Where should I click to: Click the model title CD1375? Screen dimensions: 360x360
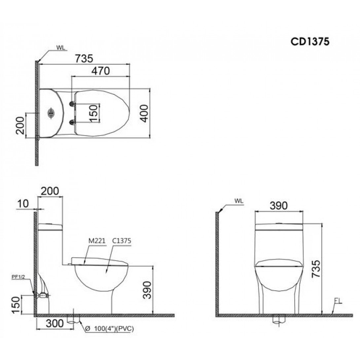click(x=309, y=42)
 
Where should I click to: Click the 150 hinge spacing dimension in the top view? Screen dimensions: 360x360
click(x=94, y=113)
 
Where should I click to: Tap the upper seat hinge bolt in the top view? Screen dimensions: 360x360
click(x=71, y=104)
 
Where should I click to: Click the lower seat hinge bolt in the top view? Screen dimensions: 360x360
click(x=71, y=123)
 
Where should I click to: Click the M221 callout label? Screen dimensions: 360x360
click(x=97, y=241)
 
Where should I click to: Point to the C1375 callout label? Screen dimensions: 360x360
click(x=122, y=241)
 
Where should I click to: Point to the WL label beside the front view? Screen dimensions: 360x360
click(x=238, y=200)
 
